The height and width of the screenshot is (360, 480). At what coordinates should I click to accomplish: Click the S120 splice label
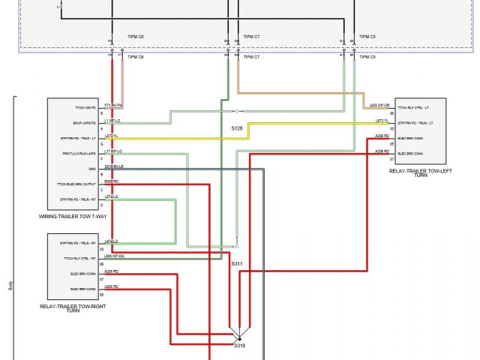click(236, 128)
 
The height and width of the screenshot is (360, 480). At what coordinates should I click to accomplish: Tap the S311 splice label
click(236, 264)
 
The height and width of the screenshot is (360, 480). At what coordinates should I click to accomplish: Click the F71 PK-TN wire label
click(113, 106)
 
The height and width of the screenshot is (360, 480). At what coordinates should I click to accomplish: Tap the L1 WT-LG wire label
click(112, 120)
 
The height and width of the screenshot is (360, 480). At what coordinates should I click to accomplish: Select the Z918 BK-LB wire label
click(114, 166)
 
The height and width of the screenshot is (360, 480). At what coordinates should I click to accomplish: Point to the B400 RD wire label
click(111, 181)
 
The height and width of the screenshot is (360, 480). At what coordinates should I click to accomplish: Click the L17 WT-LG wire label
click(112, 151)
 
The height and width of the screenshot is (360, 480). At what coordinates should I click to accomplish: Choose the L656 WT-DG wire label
click(114, 256)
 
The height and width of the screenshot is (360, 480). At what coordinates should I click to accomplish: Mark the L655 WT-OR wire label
click(379, 106)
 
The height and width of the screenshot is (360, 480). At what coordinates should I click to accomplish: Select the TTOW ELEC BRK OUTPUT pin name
click(77, 184)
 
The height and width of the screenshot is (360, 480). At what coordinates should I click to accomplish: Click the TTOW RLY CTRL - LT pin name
click(414, 108)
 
